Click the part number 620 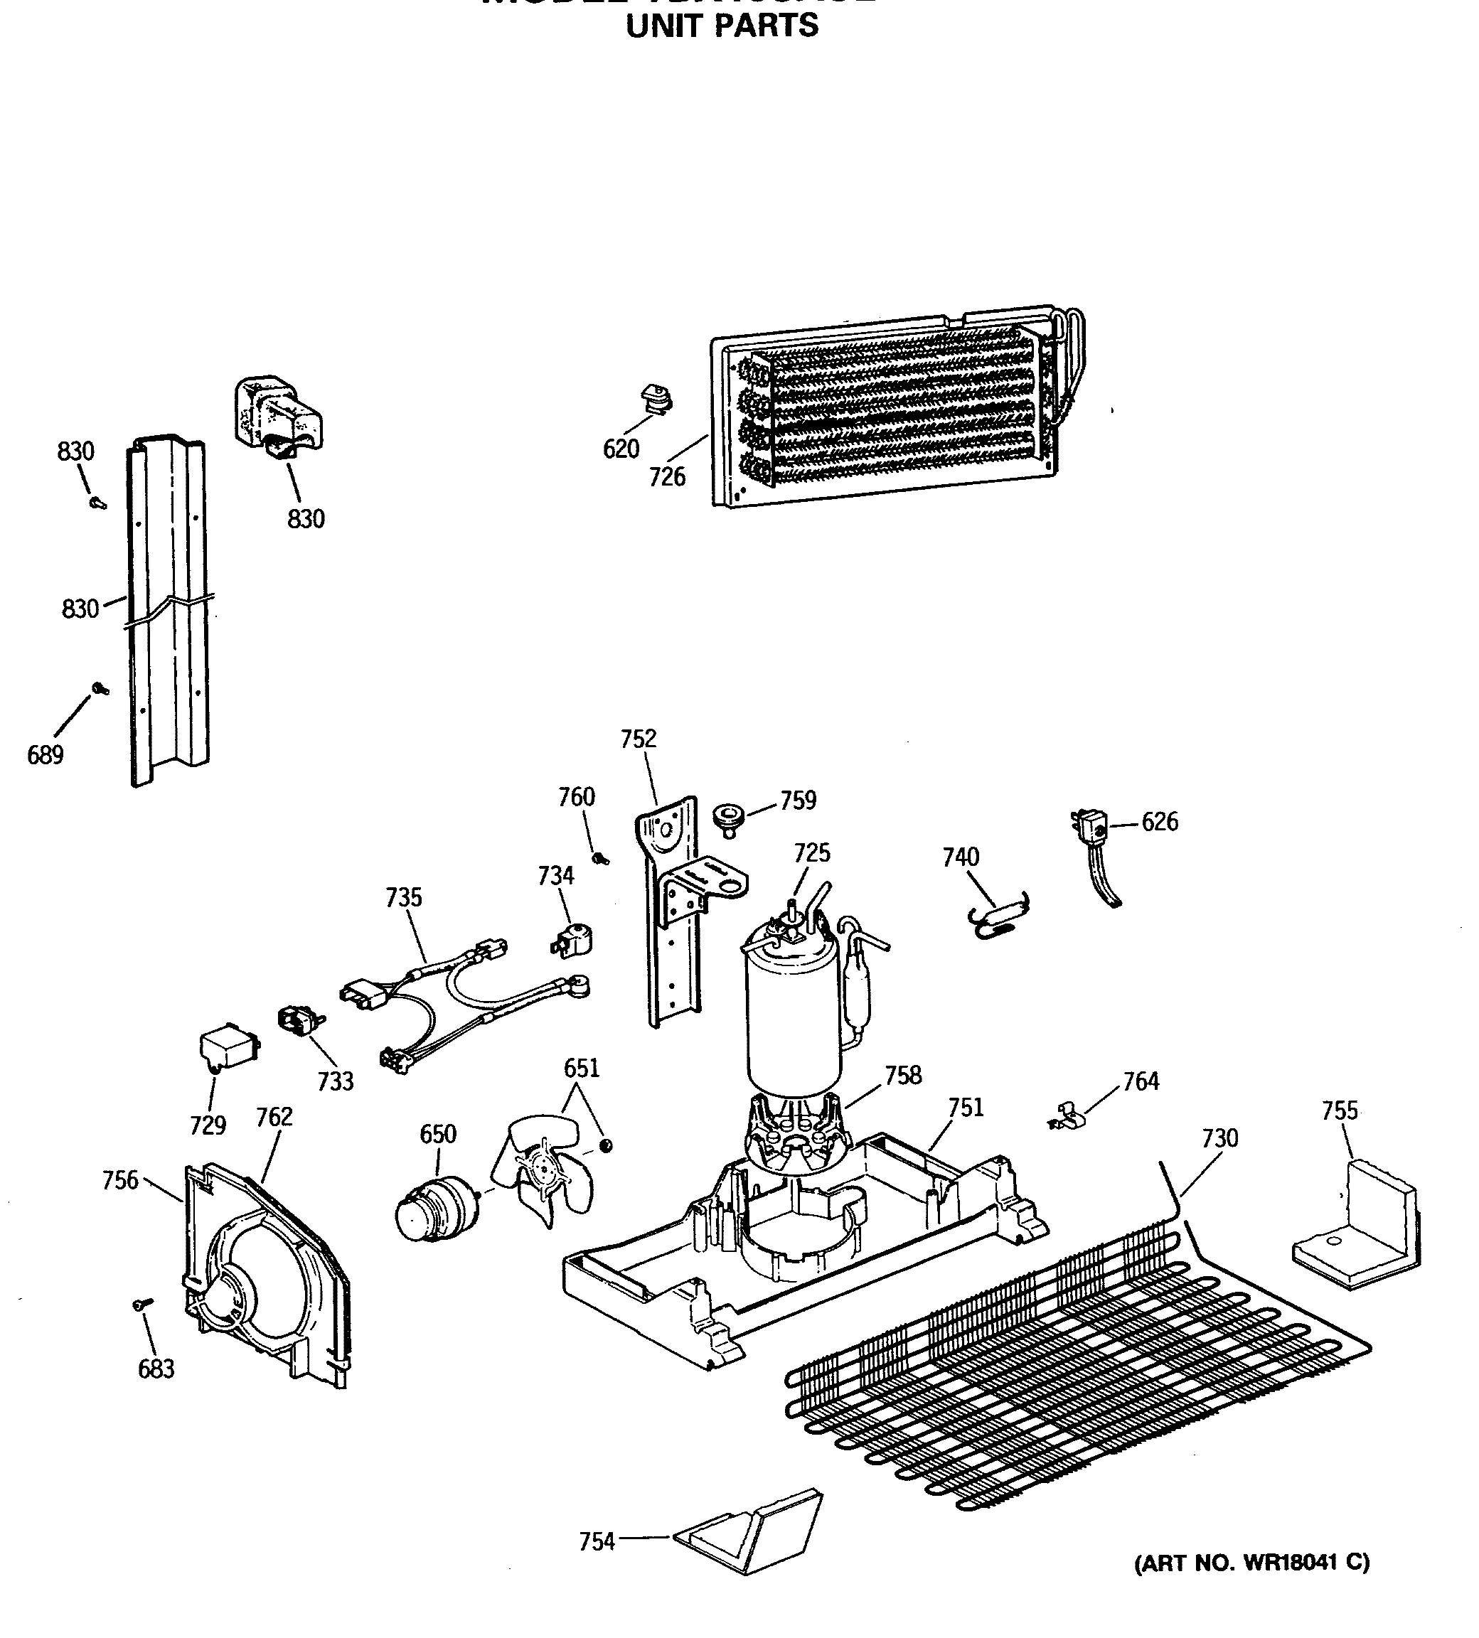[621, 449]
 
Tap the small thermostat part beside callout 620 [660, 399]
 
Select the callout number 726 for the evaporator [667, 477]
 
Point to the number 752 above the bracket [638, 739]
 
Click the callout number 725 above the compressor [812, 852]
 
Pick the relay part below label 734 [573, 940]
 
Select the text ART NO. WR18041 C [1251, 1563]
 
